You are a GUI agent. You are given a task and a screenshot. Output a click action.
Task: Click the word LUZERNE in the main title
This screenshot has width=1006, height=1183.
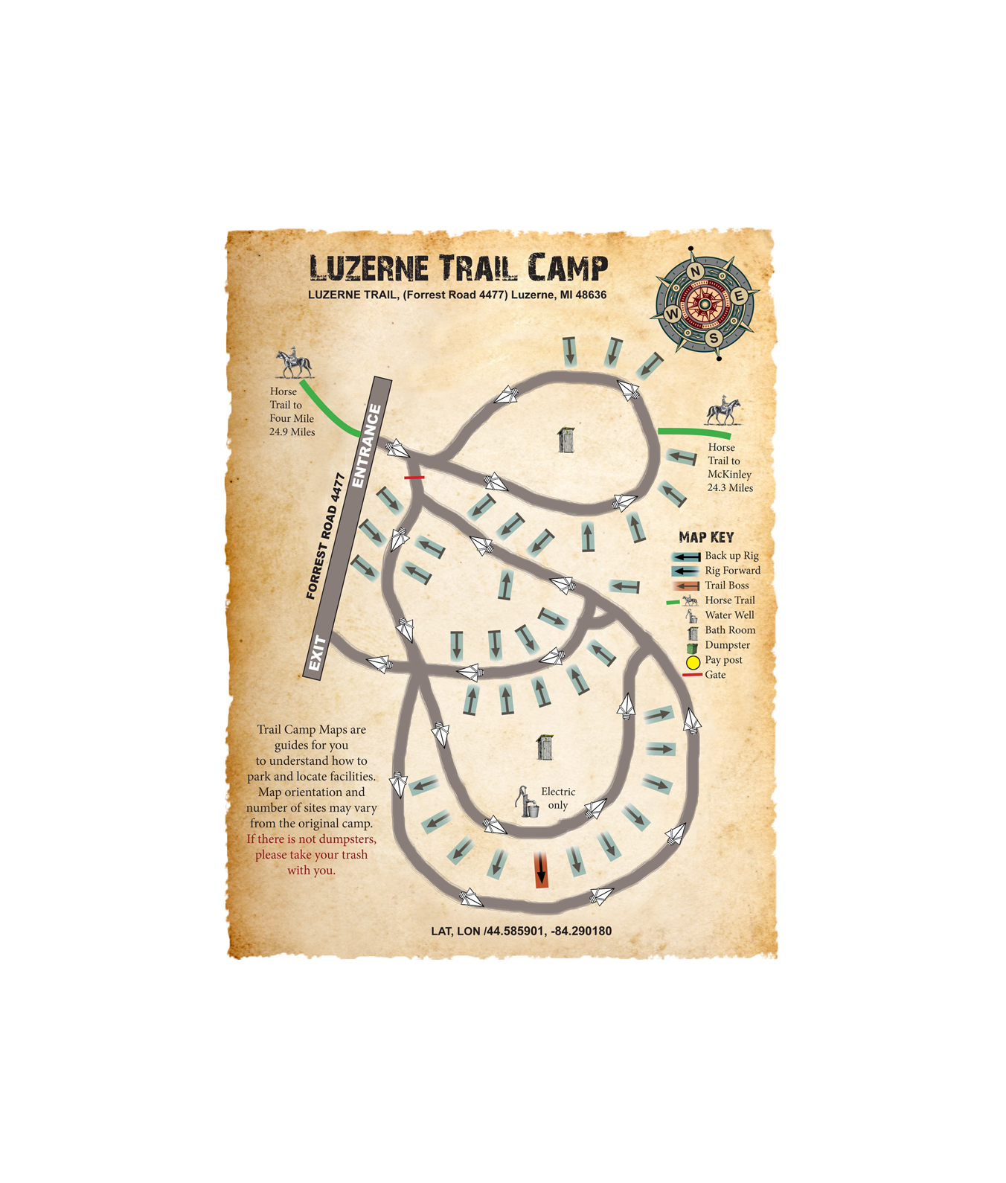368,269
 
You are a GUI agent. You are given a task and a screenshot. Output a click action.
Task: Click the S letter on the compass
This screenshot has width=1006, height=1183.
714,338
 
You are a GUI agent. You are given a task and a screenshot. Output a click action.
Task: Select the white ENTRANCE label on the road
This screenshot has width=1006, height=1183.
367,446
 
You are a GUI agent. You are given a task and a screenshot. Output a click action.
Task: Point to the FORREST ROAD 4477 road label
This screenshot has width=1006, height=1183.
326,536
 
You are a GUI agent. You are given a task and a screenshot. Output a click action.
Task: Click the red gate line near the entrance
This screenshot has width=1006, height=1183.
414,477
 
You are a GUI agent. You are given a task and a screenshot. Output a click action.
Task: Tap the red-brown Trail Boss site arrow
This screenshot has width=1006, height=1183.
542,870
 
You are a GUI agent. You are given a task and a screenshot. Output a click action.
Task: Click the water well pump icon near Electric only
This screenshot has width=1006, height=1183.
527,802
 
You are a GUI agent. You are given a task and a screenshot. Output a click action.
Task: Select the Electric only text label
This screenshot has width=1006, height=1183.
558,798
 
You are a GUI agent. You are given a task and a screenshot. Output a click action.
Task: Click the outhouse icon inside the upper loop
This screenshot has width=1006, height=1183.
566,440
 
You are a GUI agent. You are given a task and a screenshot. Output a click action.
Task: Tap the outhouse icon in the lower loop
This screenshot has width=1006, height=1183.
545,747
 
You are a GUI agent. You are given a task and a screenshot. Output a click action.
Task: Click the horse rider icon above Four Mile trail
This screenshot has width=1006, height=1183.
294,363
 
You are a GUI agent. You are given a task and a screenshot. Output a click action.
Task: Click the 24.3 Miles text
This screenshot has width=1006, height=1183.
729,487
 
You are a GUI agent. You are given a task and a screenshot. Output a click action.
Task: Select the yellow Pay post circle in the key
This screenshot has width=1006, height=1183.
693,661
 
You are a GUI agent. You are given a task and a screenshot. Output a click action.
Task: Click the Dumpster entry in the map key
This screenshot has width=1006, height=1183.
726,645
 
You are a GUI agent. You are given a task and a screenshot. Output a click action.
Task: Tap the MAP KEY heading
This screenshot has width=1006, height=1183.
705,537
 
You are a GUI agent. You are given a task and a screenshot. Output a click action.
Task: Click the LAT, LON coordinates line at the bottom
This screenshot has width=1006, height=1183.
521,931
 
